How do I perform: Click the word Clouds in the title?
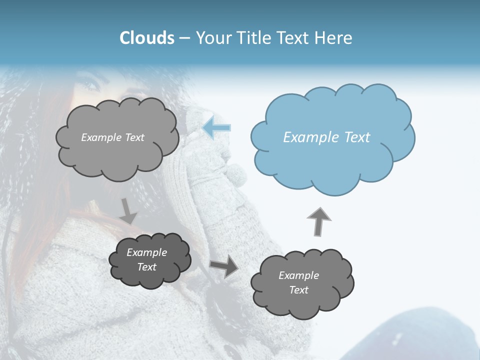(146, 38)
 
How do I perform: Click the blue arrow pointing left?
(217, 127)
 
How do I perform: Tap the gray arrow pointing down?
(128, 211)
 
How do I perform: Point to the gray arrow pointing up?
(318, 221)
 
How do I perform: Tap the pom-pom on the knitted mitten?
(236, 175)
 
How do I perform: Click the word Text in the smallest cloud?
(147, 267)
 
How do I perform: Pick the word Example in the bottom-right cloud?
(298, 275)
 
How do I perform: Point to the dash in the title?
(184, 38)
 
